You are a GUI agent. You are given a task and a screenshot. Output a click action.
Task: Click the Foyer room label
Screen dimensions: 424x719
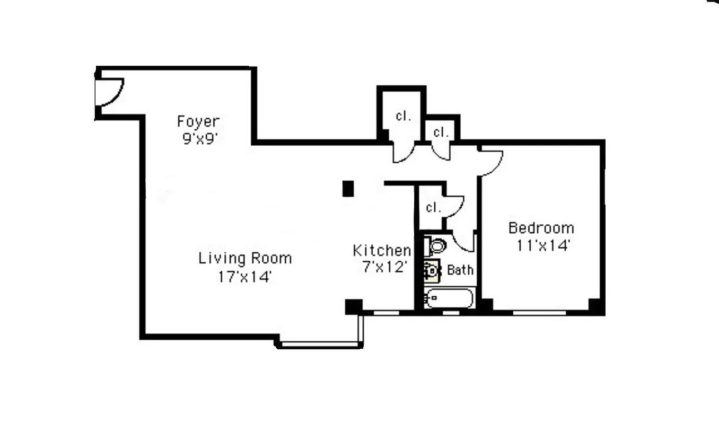coord(198,122)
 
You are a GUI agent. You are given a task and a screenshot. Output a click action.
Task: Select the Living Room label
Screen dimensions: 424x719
coord(245,259)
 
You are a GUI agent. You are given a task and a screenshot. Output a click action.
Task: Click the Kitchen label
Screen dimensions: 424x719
coord(382,250)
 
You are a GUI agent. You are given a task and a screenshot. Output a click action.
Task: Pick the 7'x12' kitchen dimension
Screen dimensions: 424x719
coord(385,267)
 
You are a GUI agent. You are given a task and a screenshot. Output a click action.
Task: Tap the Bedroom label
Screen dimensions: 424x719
coord(541,228)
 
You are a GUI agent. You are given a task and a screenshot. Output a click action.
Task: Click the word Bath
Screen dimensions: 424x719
coord(460,270)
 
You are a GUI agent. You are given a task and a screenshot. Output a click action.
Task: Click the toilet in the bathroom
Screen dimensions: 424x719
coord(436,245)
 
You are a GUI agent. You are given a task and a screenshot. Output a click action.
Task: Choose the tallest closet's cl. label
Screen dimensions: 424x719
coord(403,116)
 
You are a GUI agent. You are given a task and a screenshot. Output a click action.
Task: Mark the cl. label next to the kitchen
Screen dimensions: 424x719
coord(433,208)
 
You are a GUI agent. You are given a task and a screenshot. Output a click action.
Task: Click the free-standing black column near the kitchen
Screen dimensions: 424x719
coord(348,189)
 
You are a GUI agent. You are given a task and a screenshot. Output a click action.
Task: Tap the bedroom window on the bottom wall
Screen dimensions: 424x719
coord(539,313)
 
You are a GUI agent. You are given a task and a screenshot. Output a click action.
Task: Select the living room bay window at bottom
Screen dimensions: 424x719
coord(320,345)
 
